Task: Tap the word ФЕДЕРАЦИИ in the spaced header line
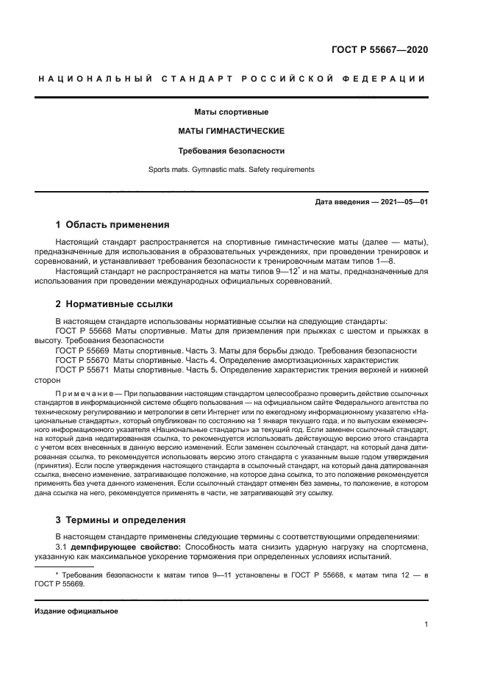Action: pyautogui.click(x=387, y=79)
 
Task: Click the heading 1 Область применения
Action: pyautogui.click(x=112, y=224)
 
